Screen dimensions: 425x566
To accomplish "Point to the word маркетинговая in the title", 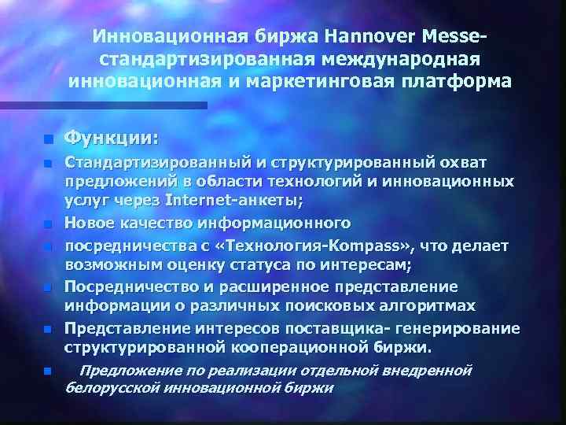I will point(327,80).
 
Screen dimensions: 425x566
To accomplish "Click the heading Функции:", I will point(111,138).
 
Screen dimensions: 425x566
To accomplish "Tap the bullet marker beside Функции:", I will point(47,140).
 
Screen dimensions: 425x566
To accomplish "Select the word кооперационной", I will point(295,346).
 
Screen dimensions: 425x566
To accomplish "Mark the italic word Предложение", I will point(126,369).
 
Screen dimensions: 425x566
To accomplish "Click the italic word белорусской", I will point(109,388).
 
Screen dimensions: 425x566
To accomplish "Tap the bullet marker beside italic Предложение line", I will point(47,371).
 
